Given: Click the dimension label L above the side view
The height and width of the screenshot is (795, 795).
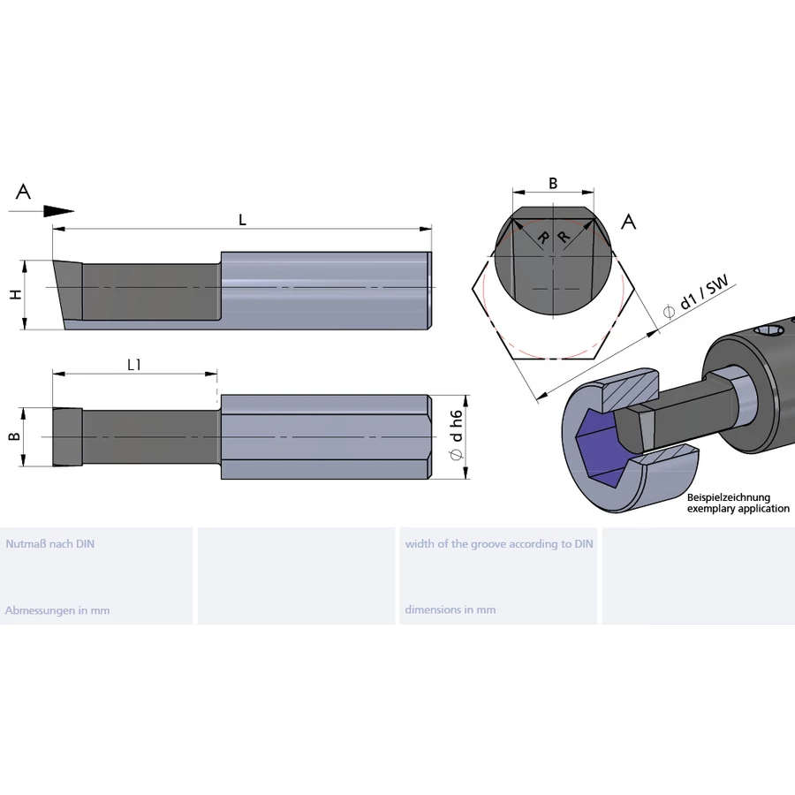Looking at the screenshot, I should pos(242,220).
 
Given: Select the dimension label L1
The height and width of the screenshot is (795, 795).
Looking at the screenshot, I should pos(135,364).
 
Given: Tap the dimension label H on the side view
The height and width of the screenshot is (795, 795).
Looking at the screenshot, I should pos(16,294).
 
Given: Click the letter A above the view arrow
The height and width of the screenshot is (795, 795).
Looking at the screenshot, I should pos(24,192).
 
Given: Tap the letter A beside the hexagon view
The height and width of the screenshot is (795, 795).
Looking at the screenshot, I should pos(629,222).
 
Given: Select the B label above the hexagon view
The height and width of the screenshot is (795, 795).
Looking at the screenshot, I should pos(553,184).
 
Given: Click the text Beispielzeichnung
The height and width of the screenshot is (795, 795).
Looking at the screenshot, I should pos(729,498).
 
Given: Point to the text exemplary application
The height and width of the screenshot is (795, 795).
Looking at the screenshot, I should pos(738,509).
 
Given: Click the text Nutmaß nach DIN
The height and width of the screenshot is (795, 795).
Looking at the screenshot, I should pos(49,544).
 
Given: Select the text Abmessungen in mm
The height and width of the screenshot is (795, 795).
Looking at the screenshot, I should pos(57,610).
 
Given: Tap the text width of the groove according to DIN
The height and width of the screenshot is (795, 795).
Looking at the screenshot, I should pos(499,544).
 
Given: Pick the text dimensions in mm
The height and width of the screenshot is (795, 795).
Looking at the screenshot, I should pos(450,610).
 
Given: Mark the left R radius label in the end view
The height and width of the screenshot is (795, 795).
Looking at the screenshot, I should pos(542,238).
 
